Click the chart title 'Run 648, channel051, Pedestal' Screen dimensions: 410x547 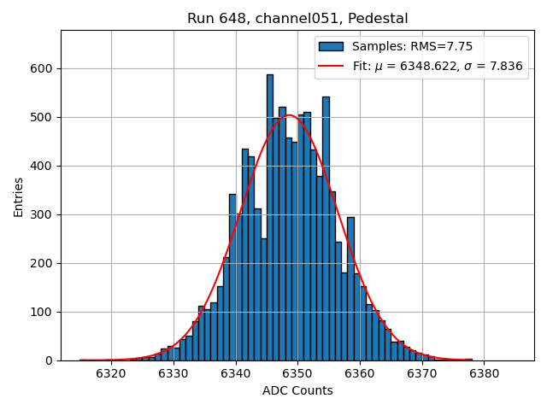297,18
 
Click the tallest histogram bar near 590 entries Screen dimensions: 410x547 269,214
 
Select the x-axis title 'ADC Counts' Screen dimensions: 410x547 297,391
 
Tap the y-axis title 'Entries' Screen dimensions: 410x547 18,196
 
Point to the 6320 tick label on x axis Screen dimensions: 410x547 111,373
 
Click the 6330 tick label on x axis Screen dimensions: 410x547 174,373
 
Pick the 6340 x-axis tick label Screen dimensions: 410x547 235,373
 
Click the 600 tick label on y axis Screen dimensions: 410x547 42,68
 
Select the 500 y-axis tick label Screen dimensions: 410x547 42,117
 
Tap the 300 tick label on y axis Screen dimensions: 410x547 42,214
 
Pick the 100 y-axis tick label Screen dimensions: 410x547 42,312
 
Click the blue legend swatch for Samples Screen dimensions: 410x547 332,46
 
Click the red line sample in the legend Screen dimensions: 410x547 332,66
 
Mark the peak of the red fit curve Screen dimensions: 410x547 290,115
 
